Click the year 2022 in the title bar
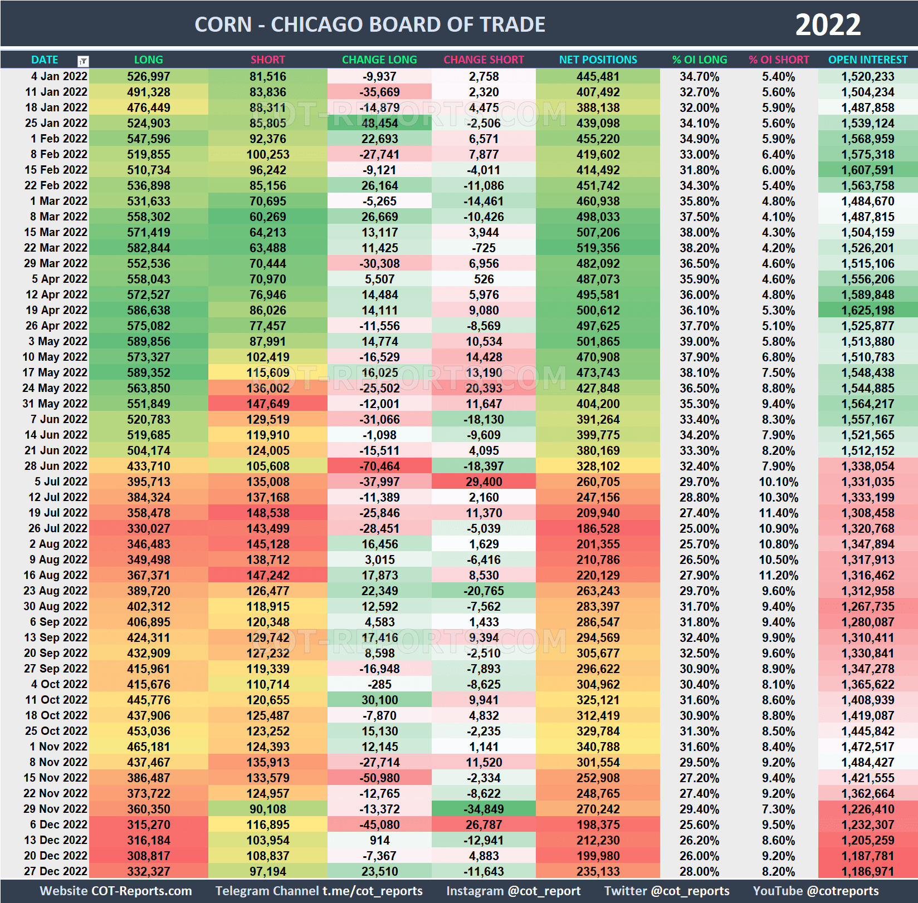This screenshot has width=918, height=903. point(828,24)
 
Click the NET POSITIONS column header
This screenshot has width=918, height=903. point(598,60)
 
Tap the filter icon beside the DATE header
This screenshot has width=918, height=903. point(83,61)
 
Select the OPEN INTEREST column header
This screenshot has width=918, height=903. point(867,60)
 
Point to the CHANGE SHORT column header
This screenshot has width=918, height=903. point(484,60)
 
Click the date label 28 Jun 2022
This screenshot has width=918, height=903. point(56,466)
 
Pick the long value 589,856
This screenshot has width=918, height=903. point(148,341)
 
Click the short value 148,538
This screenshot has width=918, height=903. point(268,513)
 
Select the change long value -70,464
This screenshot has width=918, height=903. point(379,466)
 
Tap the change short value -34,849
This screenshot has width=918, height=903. point(484,809)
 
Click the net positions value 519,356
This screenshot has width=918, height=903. point(598,248)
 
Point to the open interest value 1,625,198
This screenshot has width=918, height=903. point(867,310)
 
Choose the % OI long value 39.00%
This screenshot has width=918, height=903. point(699,341)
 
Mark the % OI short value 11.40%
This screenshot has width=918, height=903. point(778,513)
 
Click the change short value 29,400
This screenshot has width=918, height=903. point(484,482)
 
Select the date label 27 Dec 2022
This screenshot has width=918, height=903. point(56,871)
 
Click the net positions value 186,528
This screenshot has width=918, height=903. point(598,528)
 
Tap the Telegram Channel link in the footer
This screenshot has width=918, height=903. point(319,891)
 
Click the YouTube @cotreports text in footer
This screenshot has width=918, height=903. point(816,891)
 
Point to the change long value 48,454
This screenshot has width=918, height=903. point(379,123)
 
